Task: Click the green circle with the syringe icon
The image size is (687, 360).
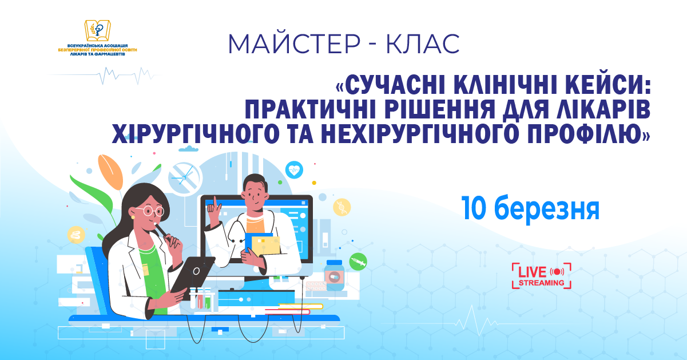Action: tap(358, 261)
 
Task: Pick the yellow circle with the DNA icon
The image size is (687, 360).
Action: tap(342, 207)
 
